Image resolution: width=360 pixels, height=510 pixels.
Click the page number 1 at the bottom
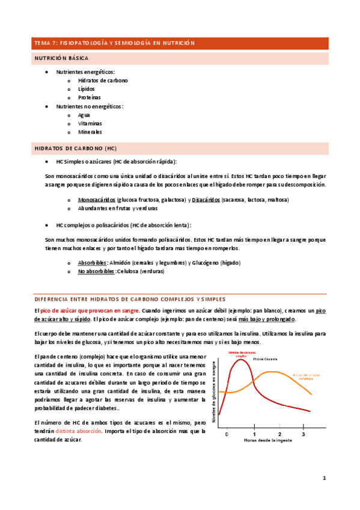click(x=323, y=479)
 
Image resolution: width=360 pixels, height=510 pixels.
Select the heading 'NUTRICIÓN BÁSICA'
click(x=62, y=59)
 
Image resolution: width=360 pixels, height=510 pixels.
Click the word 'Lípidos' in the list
click(x=87, y=88)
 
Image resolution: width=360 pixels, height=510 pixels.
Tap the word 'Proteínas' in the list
click(x=89, y=97)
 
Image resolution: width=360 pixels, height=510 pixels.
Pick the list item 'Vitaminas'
click(x=90, y=123)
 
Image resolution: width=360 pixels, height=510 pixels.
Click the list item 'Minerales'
click(x=90, y=132)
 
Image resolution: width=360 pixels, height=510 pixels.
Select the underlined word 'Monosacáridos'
click(x=97, y=200)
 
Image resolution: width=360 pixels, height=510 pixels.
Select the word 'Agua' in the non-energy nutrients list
click(x=85, y=114)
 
